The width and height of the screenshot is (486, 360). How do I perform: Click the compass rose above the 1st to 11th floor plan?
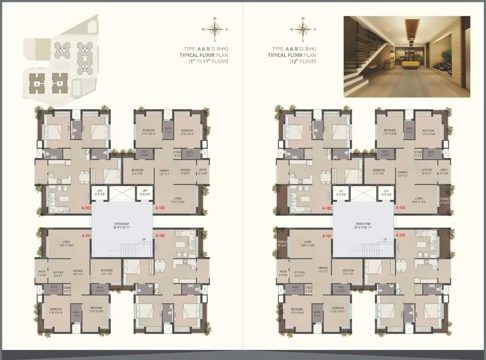coord(215,29)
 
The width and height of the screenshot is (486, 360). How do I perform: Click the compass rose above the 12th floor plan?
coord(302,29)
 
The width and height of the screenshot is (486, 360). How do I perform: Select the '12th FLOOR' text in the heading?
coord(302,61)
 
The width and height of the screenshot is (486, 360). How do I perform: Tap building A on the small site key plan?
coord(37,84)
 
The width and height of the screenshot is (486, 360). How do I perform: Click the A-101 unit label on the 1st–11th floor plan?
coord(86,236)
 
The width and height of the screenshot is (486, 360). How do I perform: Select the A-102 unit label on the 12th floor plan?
coord(327,208)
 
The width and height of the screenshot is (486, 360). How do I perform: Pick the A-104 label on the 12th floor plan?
coord(400,236)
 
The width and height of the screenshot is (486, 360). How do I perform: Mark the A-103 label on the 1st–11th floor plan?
coord(160,208)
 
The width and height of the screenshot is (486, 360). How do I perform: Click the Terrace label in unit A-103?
coord(444,201)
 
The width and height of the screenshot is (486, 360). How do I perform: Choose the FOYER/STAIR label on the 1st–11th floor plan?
coord(122,225)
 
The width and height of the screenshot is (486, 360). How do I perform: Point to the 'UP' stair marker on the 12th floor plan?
coord(385,239)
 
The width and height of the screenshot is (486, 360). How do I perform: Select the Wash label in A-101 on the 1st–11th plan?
coord(42,273)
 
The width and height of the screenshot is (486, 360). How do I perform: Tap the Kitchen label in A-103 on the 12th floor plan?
coord(427,171)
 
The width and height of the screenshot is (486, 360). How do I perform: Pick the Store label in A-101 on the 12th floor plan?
coord(309,289)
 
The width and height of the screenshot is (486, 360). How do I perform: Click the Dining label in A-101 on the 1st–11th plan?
coord(78,272)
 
